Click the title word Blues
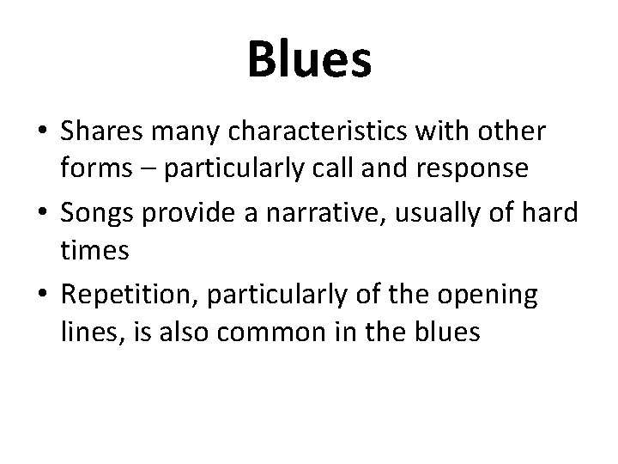pyautogui.click(x=309, y=59)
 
